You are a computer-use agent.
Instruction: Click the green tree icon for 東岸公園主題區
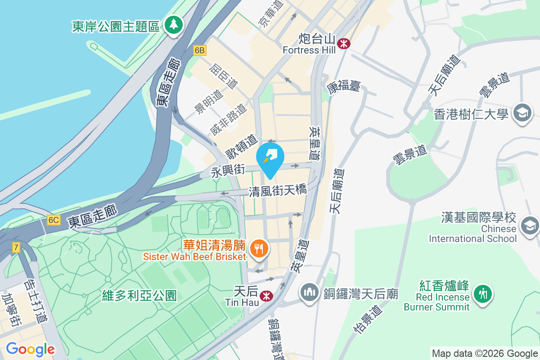click(173, 25)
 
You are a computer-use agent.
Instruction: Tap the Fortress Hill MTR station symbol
click(345, 44)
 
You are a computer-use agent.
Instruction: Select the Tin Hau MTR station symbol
click(266, 295)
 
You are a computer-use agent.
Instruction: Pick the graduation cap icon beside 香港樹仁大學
click(522, 112)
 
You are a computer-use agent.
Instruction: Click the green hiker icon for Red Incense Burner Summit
click(482, 294)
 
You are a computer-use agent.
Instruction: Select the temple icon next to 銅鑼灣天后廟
click(310, 293)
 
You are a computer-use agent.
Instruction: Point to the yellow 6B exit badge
click(200, 51)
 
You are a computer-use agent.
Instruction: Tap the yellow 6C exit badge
click(53, 220)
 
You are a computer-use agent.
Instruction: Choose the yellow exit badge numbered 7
click(16, 247)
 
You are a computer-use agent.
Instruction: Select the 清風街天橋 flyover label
click(278, 190)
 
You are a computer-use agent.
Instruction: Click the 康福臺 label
click(344, 86)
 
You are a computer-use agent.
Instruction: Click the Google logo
click(30, 349)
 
